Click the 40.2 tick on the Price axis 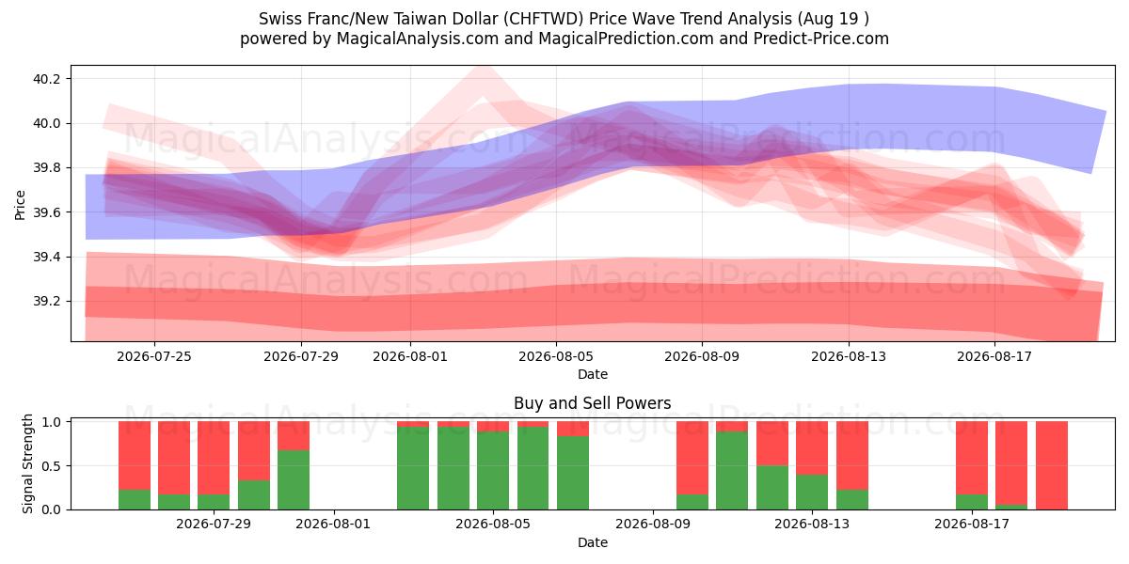pos(47,79)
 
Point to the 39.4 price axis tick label pos(47,257)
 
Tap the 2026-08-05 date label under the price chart pos(556,356)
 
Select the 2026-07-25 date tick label pos(154,356)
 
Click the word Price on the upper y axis pos(20,205)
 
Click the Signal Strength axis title pos(27,463)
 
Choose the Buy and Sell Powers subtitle pos(592,403)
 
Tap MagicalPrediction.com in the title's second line pos(626,39)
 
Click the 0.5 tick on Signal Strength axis pos(51,466)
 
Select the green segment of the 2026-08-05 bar pos(493,470)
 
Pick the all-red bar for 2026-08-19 pos(1052,465)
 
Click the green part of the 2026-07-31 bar pos(294,480)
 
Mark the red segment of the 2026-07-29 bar pos(214,458)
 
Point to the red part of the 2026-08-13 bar pos(812,447)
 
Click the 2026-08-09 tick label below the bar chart pos(653,525)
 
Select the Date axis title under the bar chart pos(592,542)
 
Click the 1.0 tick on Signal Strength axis pos(51,422)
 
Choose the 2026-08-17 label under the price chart pos(994,356)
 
